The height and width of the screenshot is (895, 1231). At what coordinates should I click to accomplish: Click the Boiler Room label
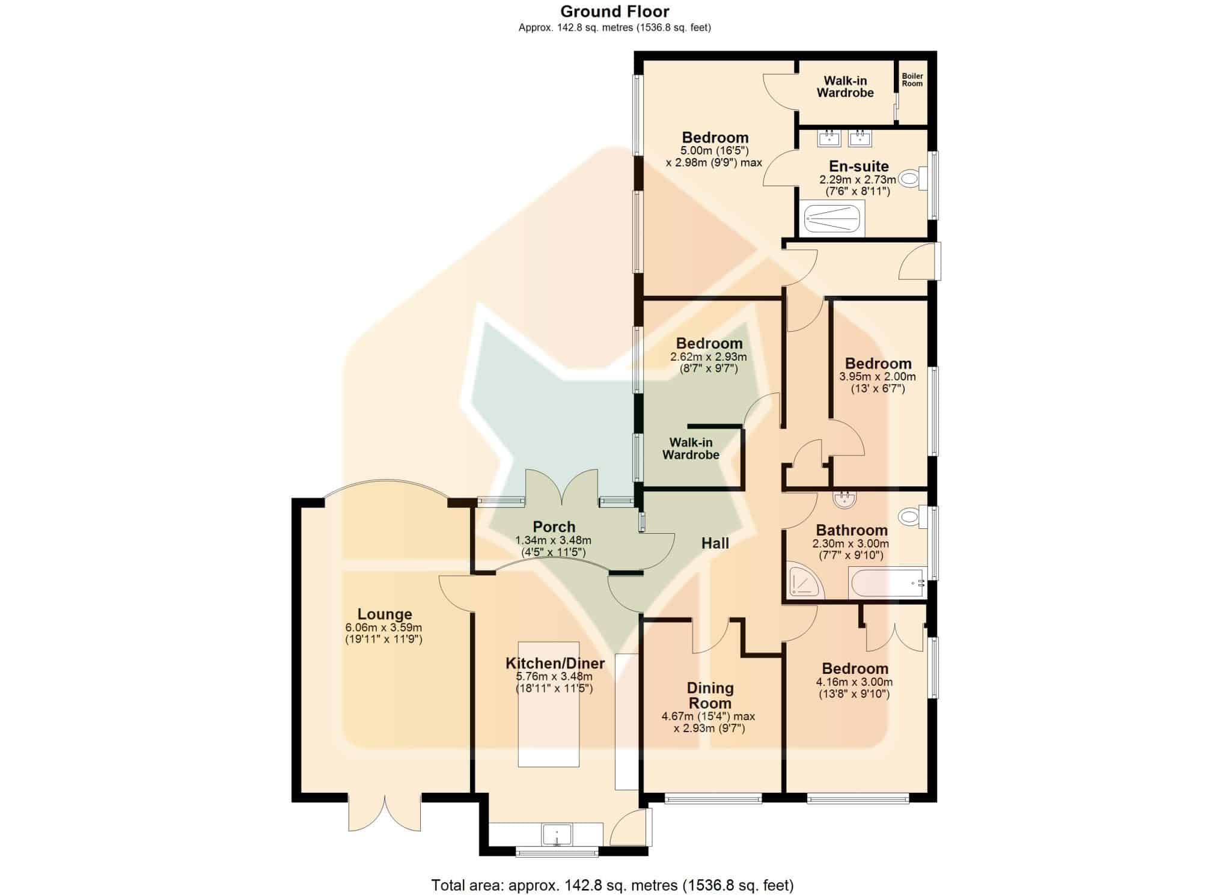912,80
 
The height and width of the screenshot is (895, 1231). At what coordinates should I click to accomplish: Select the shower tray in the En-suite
834,218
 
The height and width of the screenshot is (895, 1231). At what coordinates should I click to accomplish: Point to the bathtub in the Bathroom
887,584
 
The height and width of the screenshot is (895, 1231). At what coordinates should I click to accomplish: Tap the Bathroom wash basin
845,498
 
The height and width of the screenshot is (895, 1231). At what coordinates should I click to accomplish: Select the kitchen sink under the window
557,834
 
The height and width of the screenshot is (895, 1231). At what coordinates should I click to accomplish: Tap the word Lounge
385,614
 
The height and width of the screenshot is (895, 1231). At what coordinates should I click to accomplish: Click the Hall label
715,543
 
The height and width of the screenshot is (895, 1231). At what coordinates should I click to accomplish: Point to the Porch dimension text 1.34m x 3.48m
553,540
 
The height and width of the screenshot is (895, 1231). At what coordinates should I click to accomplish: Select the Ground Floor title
615,11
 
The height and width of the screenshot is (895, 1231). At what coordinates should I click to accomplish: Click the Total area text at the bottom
612,885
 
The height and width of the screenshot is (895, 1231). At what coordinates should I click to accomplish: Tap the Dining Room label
710,695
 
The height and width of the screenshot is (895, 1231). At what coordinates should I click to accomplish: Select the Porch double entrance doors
562,487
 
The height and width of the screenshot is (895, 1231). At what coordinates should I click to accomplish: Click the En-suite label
858,166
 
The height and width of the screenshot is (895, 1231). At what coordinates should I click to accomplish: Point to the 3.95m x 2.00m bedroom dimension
878,383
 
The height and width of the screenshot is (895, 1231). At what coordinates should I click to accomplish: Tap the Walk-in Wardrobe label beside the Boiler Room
845,87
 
